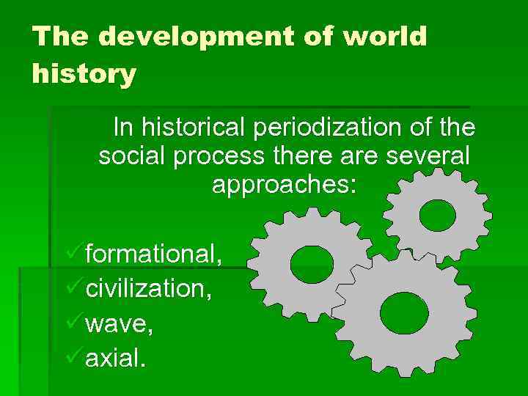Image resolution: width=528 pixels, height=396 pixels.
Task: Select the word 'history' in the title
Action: (x=84, y=74)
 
